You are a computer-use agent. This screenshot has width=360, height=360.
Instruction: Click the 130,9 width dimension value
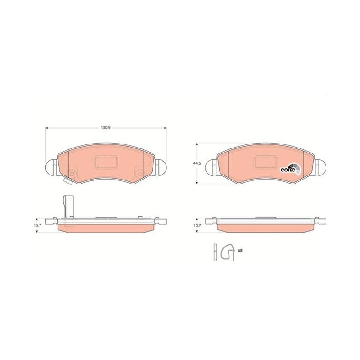click(x=106, y=128)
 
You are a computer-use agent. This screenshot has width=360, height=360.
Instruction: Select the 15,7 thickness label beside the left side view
click(x=38, y=225)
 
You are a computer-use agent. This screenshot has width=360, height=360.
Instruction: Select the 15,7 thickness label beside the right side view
click(x=198, y=225)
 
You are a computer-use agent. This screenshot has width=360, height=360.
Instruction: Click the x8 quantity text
click(x=240, y=250)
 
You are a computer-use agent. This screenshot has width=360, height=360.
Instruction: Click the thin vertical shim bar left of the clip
click(x=215, y=252)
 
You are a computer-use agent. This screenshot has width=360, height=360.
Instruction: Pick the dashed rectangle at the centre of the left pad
click(x=106, y=162)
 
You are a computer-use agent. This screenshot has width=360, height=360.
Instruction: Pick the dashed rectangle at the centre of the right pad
click(x=266, y=162)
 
